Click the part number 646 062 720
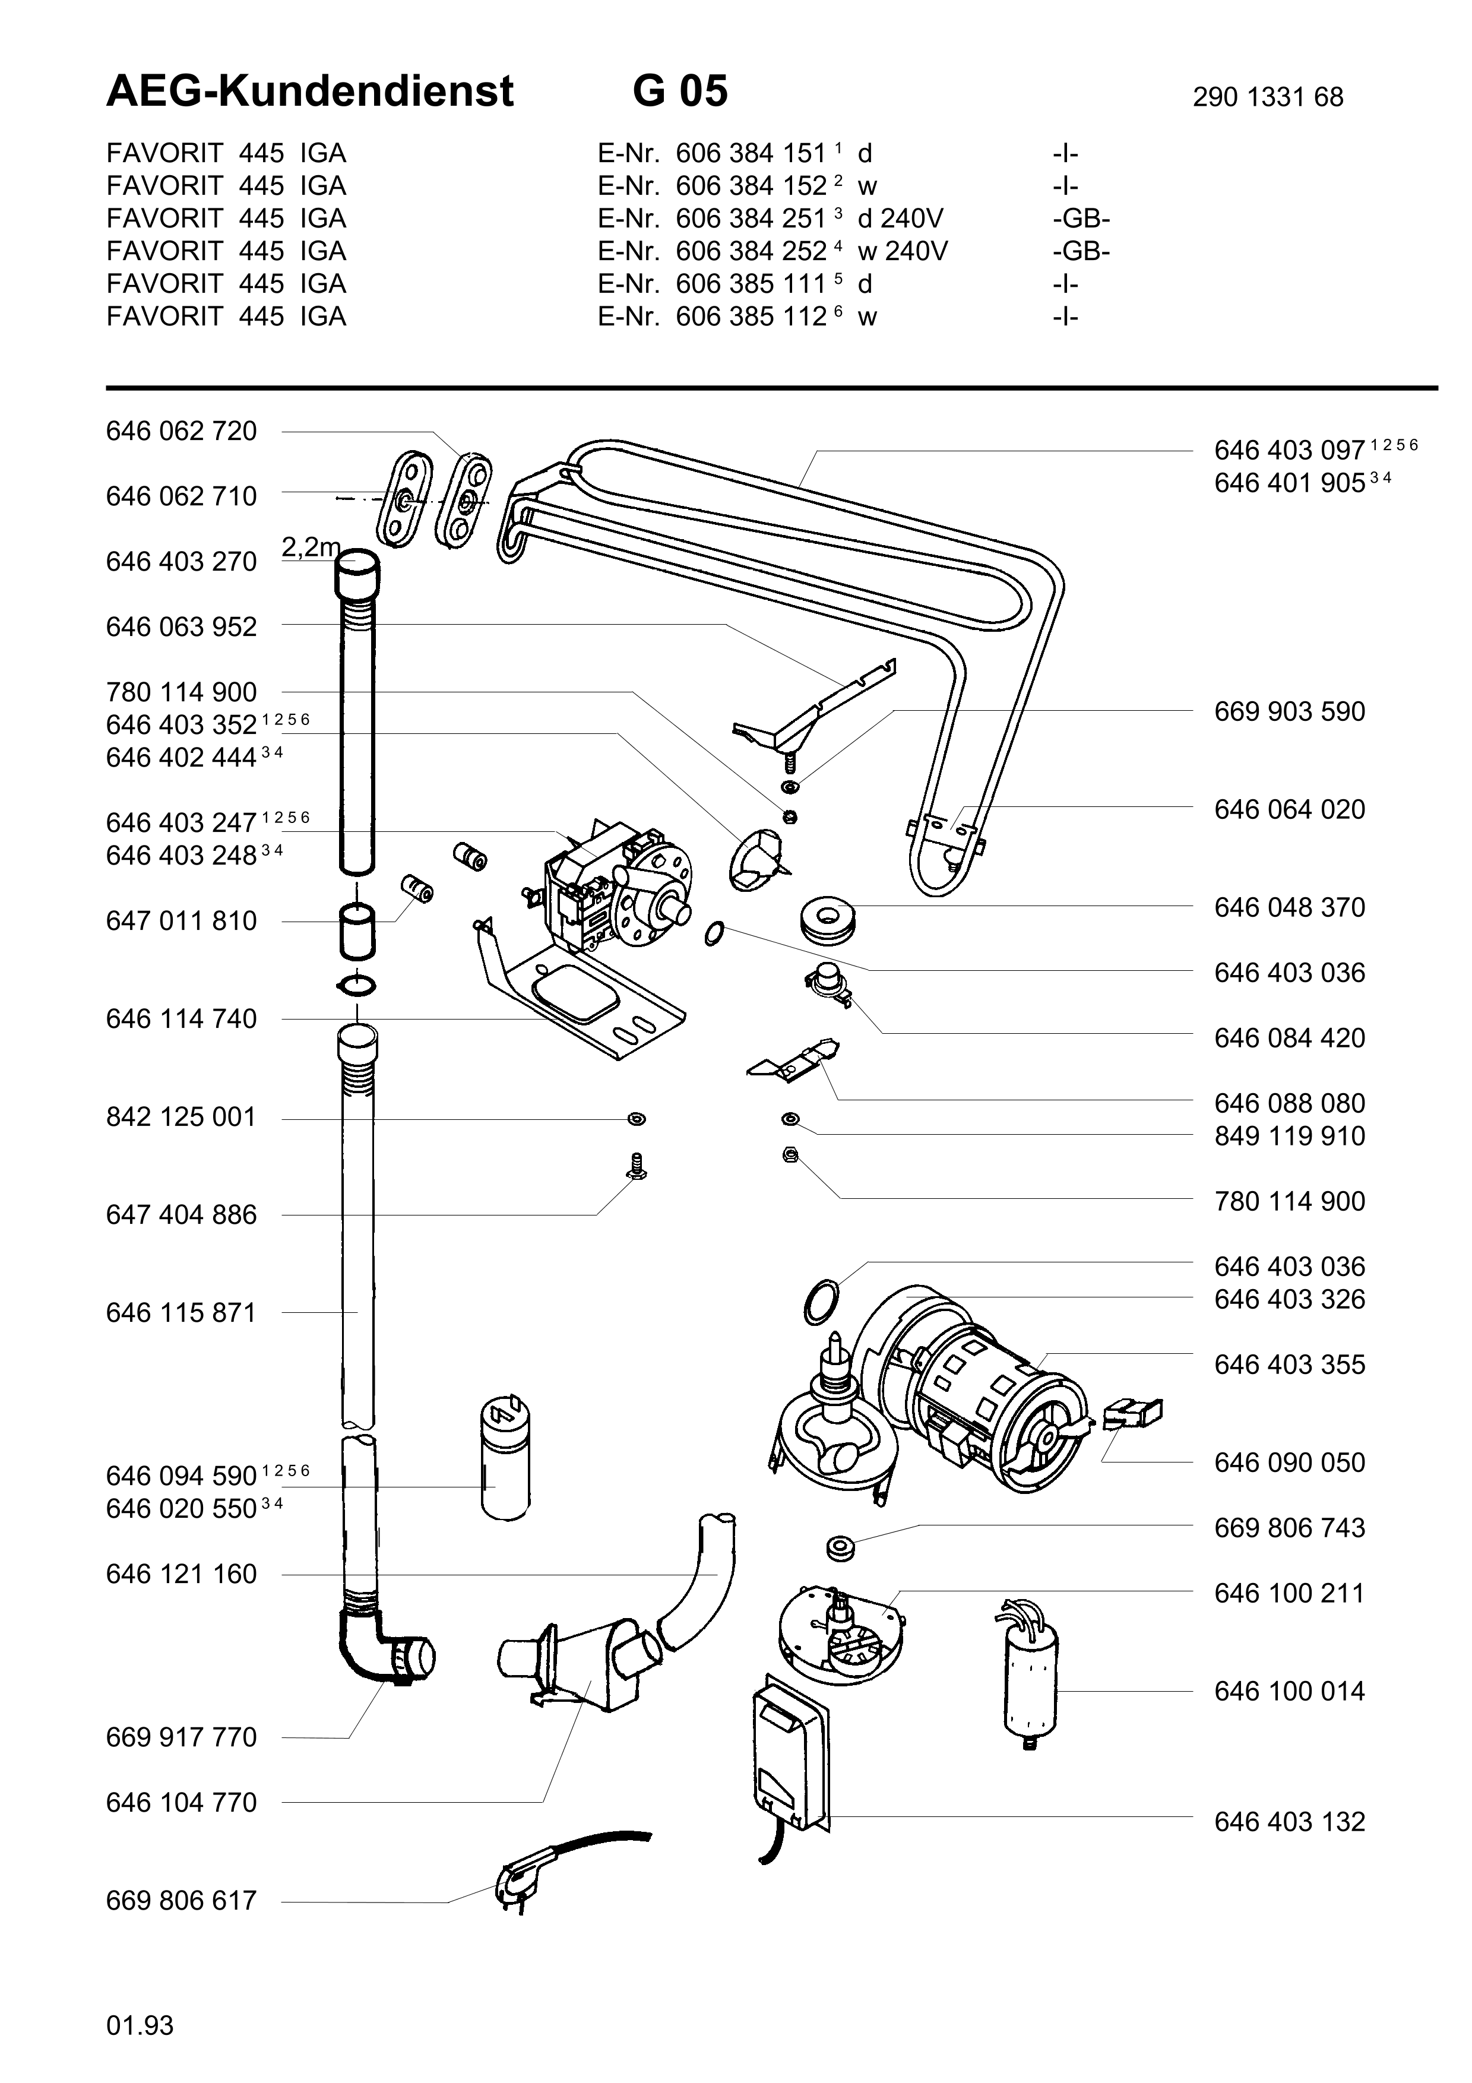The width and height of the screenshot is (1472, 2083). tap(181, 431)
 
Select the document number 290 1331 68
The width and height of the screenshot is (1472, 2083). tap(1267, 97)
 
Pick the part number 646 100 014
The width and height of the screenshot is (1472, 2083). tap(1289, 1691)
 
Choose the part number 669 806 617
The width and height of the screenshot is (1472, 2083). tap(181, 1901)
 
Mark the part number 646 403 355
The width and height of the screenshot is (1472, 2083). tap(1289, 1365)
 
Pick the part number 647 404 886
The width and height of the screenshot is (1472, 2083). tap(181, 1215)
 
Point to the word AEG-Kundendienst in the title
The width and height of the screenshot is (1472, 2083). tap(310, 91)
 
